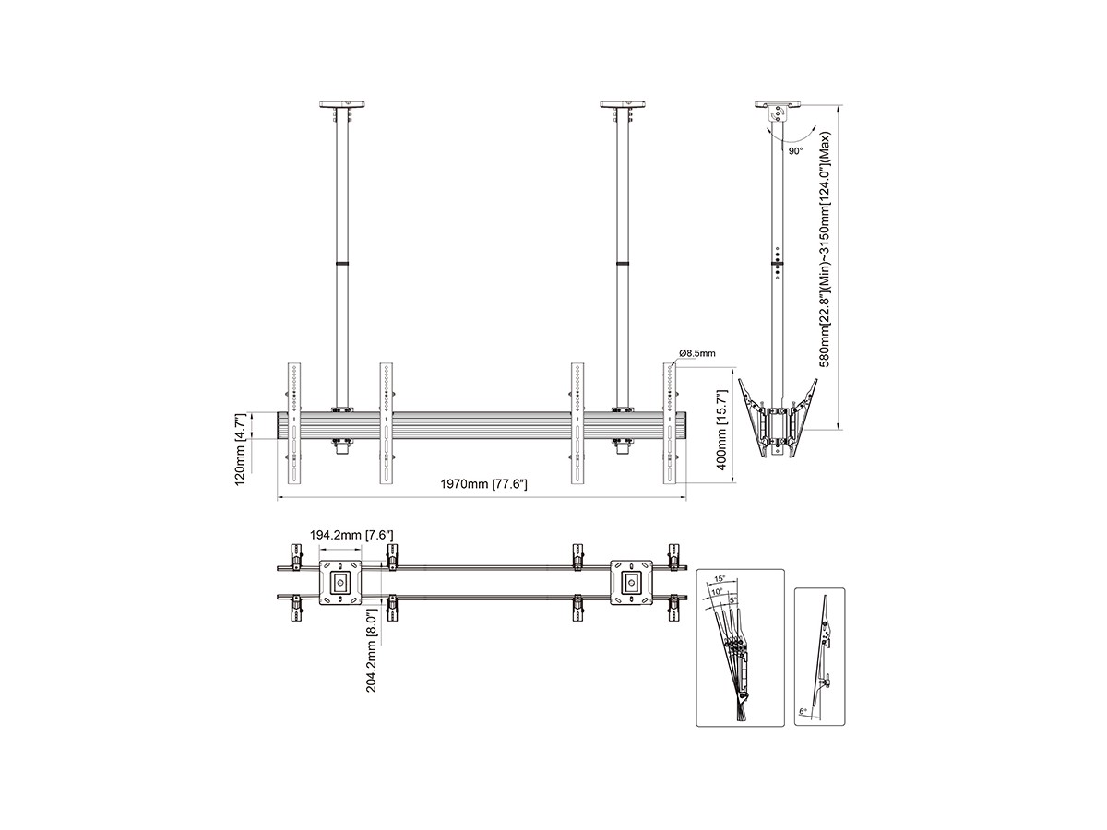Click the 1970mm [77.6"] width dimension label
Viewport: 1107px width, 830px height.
pyautogui.click(x=483, y=484)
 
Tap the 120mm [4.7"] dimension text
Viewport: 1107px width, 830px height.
pyautogui.click(x=241, y=449)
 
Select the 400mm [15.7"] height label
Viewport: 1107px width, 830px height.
pyautogui.click(x=721, y=430)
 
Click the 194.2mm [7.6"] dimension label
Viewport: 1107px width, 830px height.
pyautogui.click(x=351, y=535)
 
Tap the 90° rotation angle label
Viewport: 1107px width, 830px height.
pyautogui.click(x=795, y=151)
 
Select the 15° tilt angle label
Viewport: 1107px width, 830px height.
pyautogui.click(x=720, y=578)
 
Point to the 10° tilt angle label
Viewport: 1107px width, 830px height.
pyautogui.click(x=717, y=591)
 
